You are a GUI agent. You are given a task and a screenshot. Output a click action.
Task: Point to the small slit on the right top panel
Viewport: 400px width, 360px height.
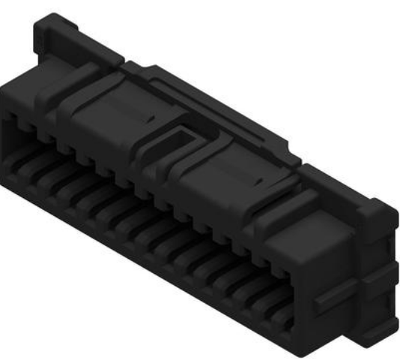coord(258,181)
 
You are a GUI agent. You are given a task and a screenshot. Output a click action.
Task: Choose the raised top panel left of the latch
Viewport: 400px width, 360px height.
coord(112,112)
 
